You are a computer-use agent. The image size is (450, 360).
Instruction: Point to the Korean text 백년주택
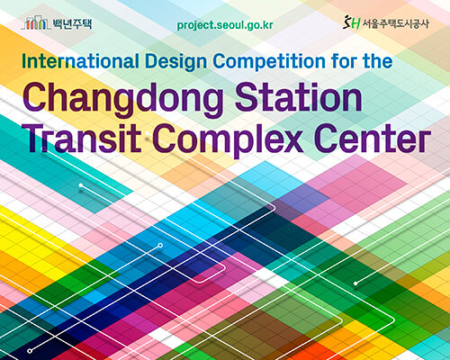tap(77, 21)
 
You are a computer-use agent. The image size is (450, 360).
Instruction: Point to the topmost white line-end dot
tap(82, 186)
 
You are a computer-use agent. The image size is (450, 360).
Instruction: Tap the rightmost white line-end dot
tap(355, 282)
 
